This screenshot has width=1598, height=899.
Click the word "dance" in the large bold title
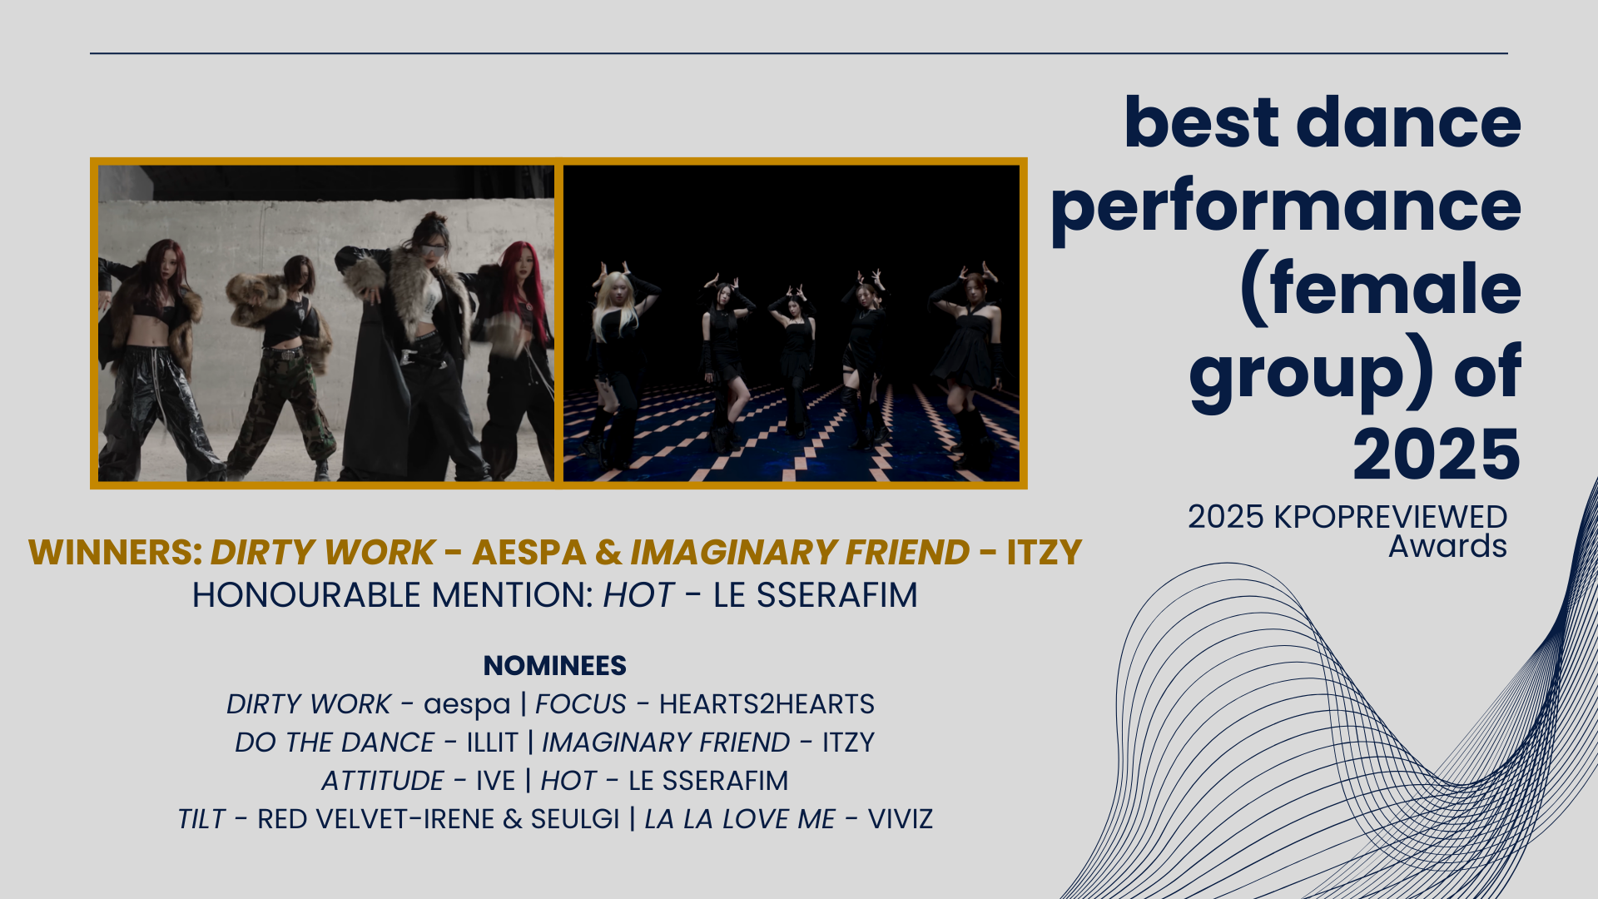[x=1408, y=122]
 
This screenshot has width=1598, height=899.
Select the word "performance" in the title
[x=1286, y=209]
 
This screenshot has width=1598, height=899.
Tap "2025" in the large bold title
[x=1437, y=454]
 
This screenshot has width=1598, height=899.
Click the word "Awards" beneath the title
[x=1447, y=547]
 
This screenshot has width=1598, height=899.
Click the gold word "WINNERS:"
[x=116, y=553]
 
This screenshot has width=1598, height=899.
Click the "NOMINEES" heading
[x=555, y=666]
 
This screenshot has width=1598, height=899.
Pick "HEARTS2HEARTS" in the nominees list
[x=767, y=704]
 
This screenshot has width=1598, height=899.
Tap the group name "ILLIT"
[x=492, y=743]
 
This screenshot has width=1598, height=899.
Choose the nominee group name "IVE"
[x=495, y=781]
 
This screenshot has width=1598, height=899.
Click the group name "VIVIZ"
[x=900, y=819]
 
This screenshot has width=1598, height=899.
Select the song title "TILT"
[x=201, y=819]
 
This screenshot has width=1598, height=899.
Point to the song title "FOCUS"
[x=580, y=704]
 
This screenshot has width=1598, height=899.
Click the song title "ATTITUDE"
[x=382, y=781]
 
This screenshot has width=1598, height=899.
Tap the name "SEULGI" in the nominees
[x=575, y=819]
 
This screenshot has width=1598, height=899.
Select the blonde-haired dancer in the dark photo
[x=616, y=366]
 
